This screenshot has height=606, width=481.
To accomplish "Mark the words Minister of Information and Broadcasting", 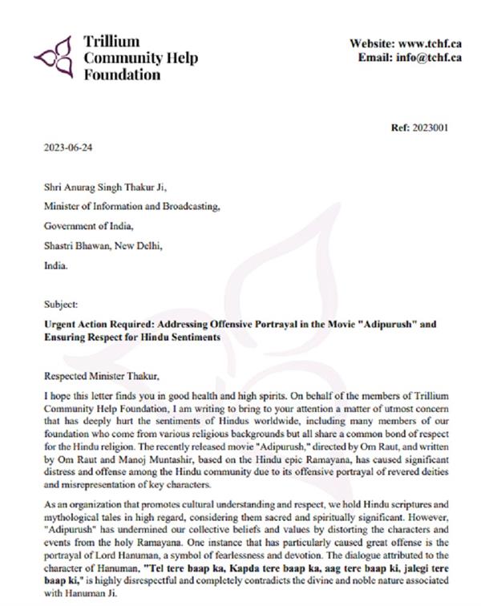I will tap(131, 208).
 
